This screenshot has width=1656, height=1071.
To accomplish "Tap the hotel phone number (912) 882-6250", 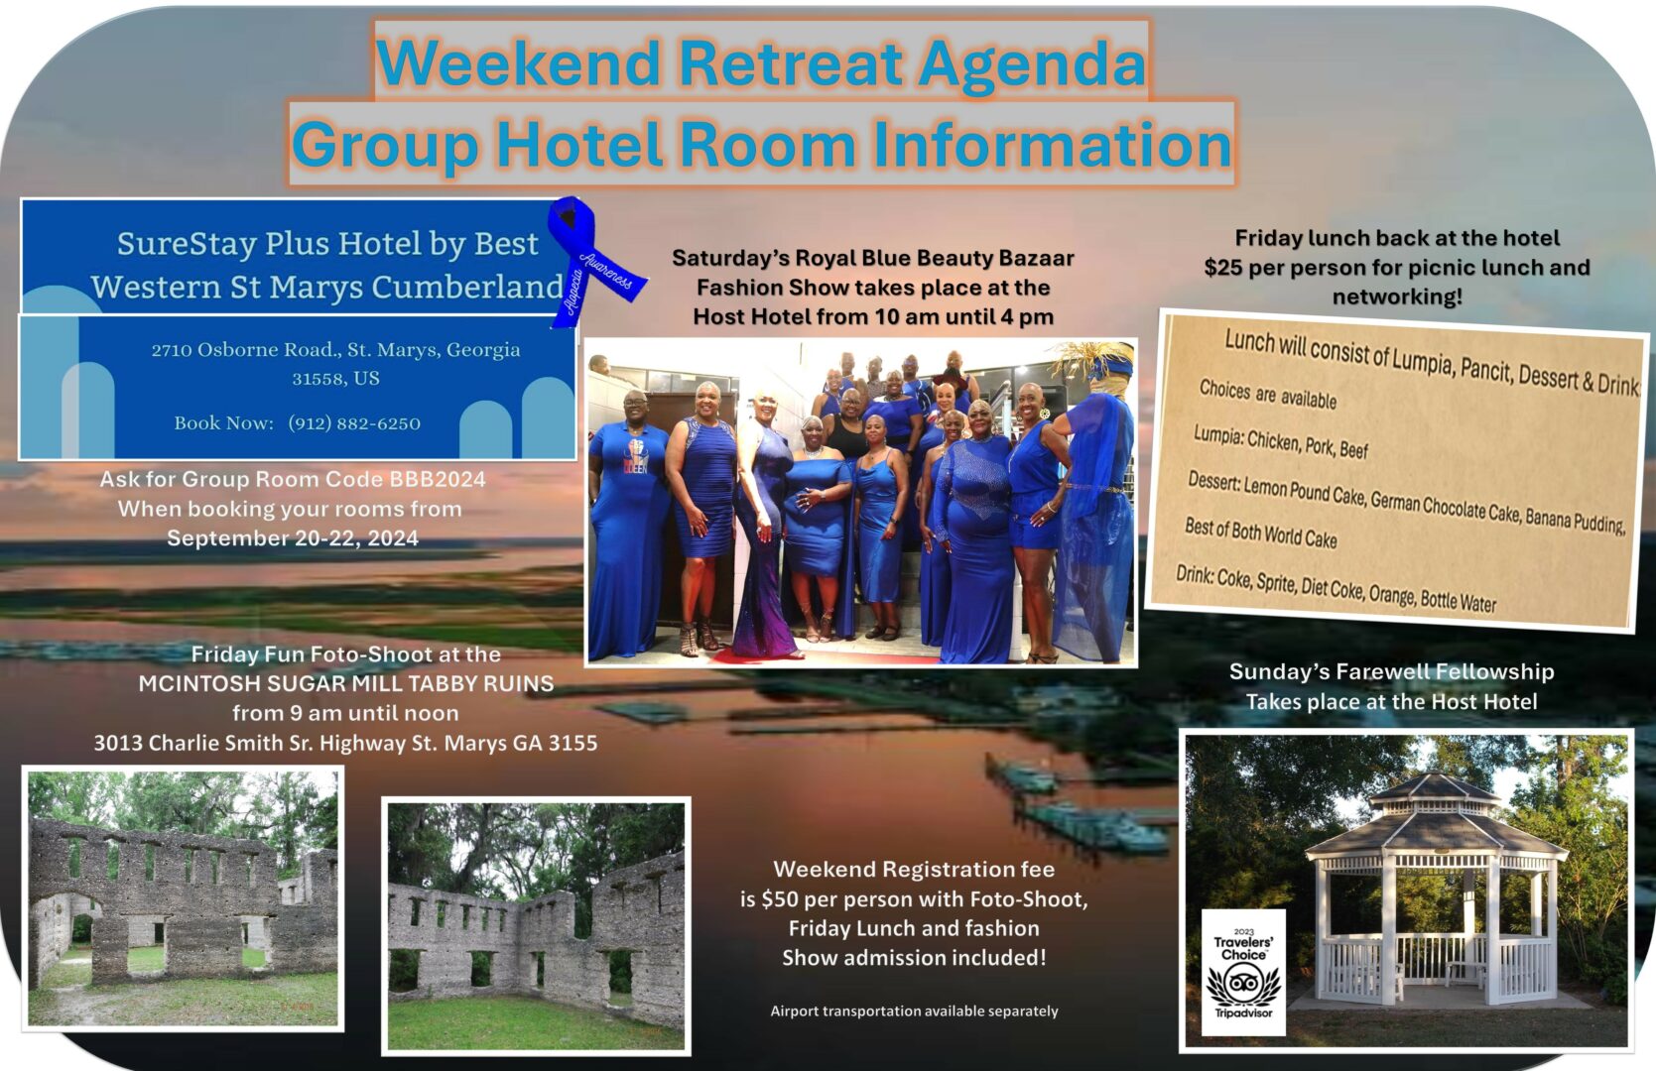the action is [x=354, y=423].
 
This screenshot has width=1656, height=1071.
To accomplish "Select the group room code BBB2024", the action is [x=438, y=479].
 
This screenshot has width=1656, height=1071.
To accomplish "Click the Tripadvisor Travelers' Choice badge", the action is [x=1243, y=971].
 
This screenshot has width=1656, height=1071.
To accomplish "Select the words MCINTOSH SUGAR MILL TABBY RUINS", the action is [x=346, y=683].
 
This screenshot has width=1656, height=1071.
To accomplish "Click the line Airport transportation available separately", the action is [x=915, y=1011].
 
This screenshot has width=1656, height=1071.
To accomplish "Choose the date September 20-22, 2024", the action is [x=293, y=538].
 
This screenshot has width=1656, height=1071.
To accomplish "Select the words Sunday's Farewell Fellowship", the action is [x=1391, y=672].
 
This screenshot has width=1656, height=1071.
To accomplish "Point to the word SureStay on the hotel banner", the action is [x=187, y=243].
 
